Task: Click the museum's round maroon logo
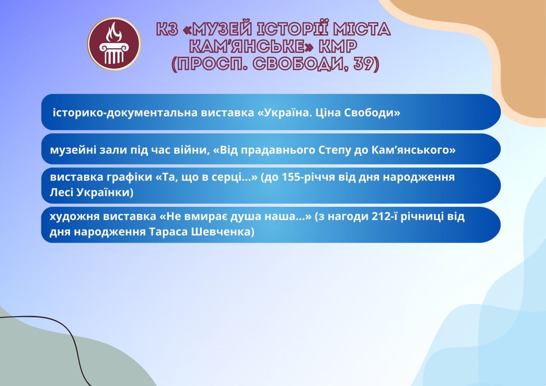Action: click(x=114, y=44)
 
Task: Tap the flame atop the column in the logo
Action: click(x=113, y=32)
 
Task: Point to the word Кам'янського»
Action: click(x=413, y=150)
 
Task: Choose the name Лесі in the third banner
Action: click(x=62, y=192)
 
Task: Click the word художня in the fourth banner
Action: click(x=74, y=217)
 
